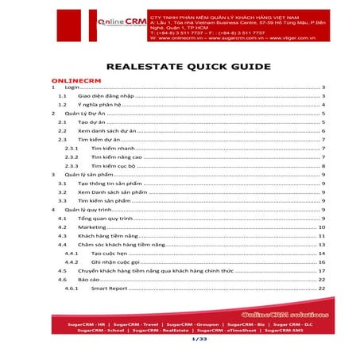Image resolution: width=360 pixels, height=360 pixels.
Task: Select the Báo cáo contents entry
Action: [x=89, y=279]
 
